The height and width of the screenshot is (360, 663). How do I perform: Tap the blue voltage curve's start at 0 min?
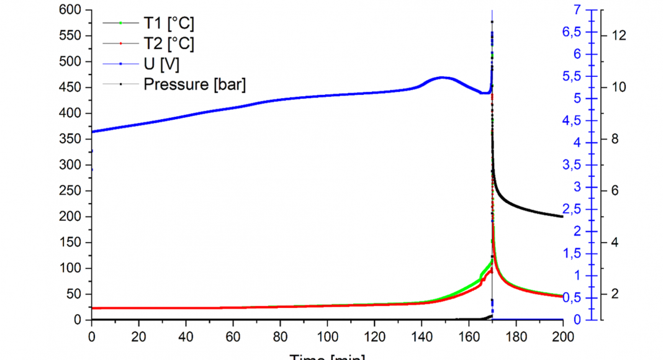point(92,132)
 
